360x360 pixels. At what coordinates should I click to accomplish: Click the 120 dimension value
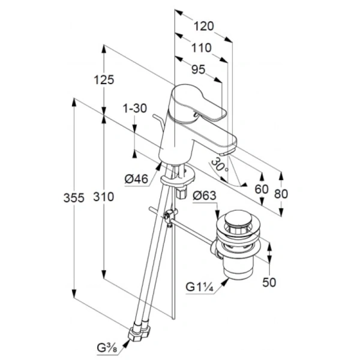(x=204, y=26)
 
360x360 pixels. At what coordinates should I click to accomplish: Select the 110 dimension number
(x=202, y=48)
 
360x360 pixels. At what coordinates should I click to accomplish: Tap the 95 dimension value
(x=199, y=70)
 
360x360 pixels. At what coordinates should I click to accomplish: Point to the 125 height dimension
(x=104, y=80)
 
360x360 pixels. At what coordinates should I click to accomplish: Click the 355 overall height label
(x=74, y=198)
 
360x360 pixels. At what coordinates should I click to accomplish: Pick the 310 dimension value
(x=104, y=197)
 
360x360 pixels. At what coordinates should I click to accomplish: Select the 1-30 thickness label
(x=135, y=108)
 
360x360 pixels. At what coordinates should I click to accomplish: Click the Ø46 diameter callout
(x=136, y=179)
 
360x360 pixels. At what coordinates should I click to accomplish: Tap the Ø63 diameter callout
(x=205, y=196)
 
